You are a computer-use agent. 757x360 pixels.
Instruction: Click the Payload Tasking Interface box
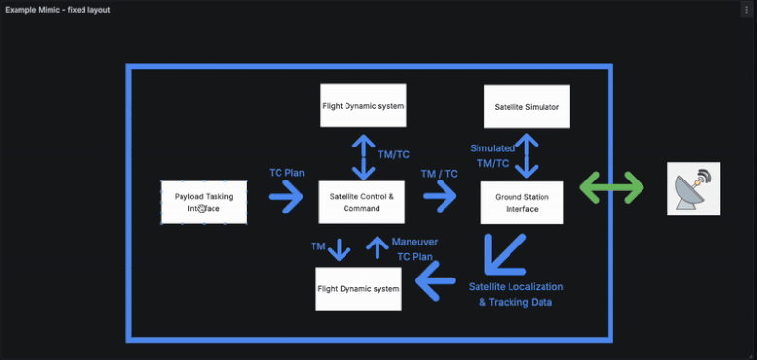pyautogui.click(x=204, y=202)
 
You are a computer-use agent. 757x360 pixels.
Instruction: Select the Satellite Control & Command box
pyautogui.click(x=363, y=202)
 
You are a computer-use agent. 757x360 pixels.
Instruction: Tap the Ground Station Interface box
pyautogui.click(x=522, y=202)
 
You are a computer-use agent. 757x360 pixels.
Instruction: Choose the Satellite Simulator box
pyautogui.click(x=526, y=107)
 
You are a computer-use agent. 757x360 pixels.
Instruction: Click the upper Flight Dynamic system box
pyautogui.click(x=363, y=105)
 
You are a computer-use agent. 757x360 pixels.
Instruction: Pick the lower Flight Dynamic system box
pyautogui.click(x=359, y=288)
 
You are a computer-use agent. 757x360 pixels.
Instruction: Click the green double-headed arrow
pyautogui.click(x=611, y=187)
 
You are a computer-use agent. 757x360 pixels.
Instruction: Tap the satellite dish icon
pyautogui.click(x=693, y=189)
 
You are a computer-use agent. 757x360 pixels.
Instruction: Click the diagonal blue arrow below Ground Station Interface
pyautogui.click(x=505, y=253)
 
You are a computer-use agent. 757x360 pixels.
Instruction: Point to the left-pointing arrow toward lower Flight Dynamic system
pyautogui.click(x=436, y=283)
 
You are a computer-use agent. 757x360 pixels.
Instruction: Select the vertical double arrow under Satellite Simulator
pyautogui.click(x=526, y=155)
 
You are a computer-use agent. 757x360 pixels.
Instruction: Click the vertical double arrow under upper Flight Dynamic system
pyautogui.click(x=363, y=155)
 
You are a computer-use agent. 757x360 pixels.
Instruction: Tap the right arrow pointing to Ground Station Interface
pyautogui.click(x=439, y=197)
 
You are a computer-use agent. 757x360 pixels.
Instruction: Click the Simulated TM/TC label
pyautogui.click(x=492, y=155)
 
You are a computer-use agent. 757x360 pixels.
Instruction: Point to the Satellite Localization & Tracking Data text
pyautogui.click(x=515, y=294)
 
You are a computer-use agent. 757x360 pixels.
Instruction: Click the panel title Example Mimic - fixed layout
pyautogui.click(x=57, y=10)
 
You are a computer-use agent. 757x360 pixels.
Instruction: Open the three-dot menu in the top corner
pyautogui.click(x=745, y=10)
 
